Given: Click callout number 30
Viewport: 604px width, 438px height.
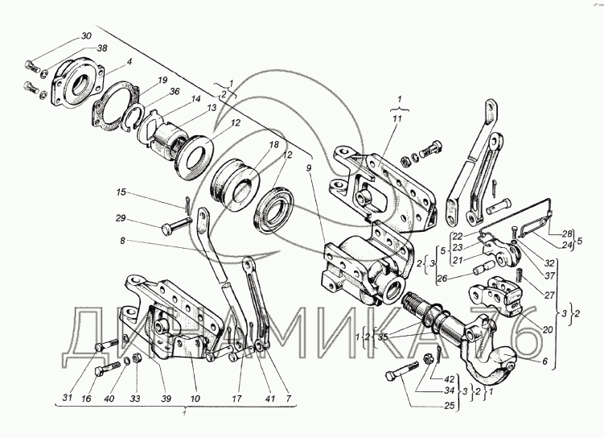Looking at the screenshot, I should coord(85,37).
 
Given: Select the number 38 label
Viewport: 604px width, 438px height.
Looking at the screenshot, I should coord(102,49).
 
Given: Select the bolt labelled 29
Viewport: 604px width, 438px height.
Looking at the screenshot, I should coord(172,229).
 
